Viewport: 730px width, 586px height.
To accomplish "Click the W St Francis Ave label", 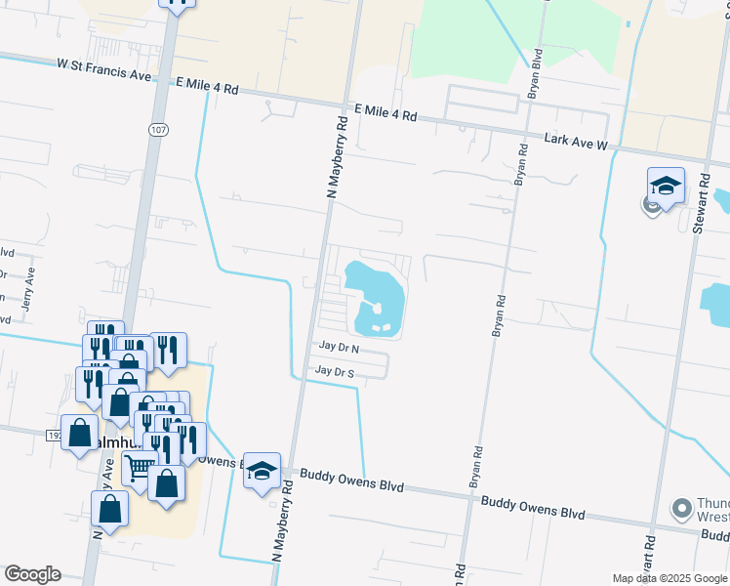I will (104, 65).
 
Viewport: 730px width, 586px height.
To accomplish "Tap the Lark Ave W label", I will (576, 142).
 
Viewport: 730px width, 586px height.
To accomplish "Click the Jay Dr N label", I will (339, 348).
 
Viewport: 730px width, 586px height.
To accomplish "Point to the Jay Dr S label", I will (335, 371).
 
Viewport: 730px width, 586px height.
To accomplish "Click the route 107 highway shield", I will (157, 130).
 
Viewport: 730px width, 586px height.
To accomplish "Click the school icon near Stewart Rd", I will (666, 186).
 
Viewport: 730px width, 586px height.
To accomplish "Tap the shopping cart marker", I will (140, 468).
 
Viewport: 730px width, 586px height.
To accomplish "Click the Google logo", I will (31, 574).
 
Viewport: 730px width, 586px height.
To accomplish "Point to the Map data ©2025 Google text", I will (669, 578).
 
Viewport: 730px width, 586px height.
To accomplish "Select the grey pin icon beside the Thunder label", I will (682, 508).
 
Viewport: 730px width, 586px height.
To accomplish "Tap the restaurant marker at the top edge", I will (177, 3).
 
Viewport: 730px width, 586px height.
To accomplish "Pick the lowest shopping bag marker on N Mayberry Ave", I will (109, 509).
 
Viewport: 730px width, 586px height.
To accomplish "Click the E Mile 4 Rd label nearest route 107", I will (207, 88).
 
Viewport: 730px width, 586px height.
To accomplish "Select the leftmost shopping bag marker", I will (80, 433).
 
